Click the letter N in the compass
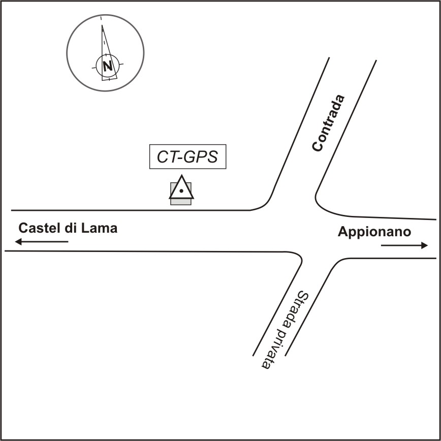(x=107, y=66)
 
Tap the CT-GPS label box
(x=187, y=157)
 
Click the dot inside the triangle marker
(x=181, y=191)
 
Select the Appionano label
(x=374, y=232)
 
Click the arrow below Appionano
(x=404, y=245)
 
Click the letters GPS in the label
(x=199, y=157)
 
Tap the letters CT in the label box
(x=165, y=157)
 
